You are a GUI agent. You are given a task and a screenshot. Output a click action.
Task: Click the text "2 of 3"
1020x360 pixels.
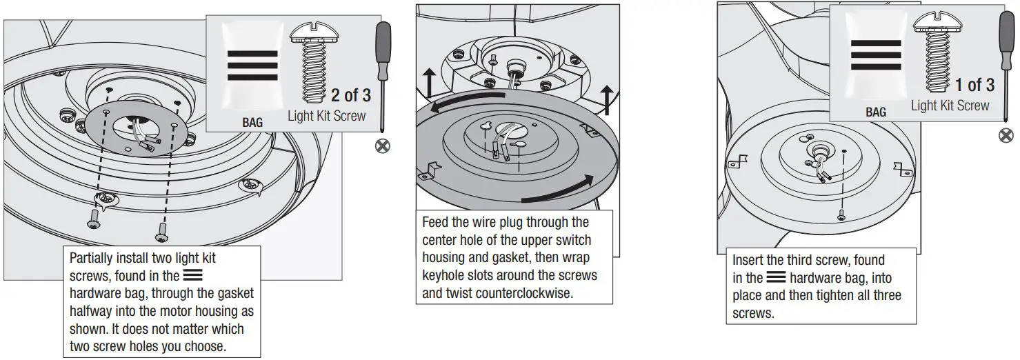pos(350,94)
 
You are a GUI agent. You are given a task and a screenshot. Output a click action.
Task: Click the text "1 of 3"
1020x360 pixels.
pos(974,85)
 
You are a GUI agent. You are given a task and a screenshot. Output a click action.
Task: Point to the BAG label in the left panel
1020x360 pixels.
pos(252,123)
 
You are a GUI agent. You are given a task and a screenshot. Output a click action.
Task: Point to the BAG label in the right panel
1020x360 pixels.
pos(876,112)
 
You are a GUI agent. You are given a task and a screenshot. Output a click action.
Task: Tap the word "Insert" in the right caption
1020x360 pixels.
pos(749,260)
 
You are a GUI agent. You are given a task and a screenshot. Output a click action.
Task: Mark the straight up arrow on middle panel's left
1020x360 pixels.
pos(428,84)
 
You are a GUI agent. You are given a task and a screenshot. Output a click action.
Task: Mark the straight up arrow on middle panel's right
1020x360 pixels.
pos(607,101)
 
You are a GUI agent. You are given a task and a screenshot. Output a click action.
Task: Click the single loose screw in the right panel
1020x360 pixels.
pos(841,215)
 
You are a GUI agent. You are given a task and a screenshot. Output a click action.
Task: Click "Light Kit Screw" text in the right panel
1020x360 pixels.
pos(950,106)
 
